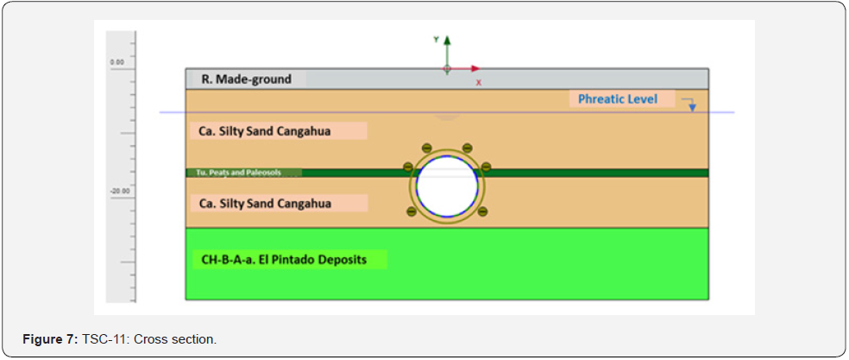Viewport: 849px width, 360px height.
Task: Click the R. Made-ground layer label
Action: [247, 79]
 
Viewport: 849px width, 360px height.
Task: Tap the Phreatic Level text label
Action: [617, 99]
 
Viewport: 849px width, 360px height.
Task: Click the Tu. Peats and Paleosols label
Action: [244, 173]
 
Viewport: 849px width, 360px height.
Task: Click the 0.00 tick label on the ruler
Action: [117, 63]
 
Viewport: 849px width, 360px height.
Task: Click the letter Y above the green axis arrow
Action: [437, 39]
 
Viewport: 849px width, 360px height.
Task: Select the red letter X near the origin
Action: [479, 82]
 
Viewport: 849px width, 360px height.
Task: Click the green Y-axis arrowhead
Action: [447, 41]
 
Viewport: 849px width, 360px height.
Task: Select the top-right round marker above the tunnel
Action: [468, 148]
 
